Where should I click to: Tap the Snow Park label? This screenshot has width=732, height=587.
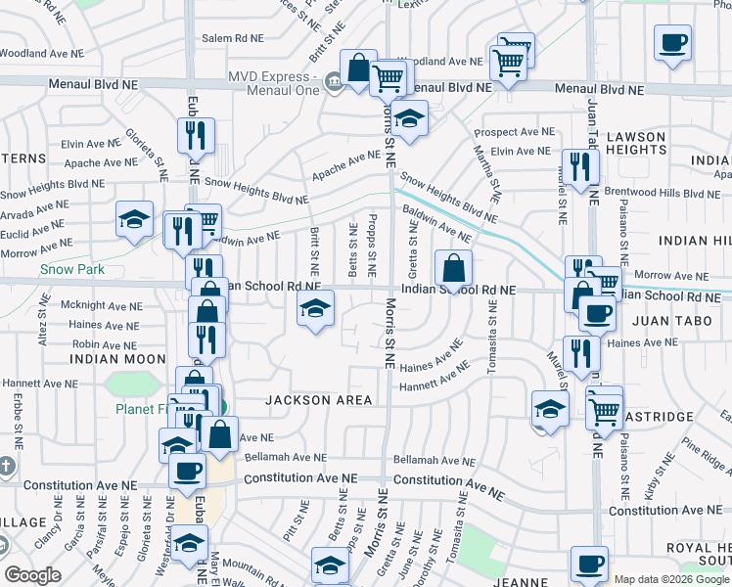66,268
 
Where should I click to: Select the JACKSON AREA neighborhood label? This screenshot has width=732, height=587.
319,400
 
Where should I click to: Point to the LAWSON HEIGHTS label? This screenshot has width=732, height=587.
634,143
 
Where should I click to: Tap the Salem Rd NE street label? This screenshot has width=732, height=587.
233,38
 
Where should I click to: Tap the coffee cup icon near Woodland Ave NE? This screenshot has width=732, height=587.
672,43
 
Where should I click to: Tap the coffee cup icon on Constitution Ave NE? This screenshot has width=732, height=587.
187,470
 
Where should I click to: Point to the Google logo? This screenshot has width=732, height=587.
33,575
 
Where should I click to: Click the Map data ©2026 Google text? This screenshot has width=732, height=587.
670,579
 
